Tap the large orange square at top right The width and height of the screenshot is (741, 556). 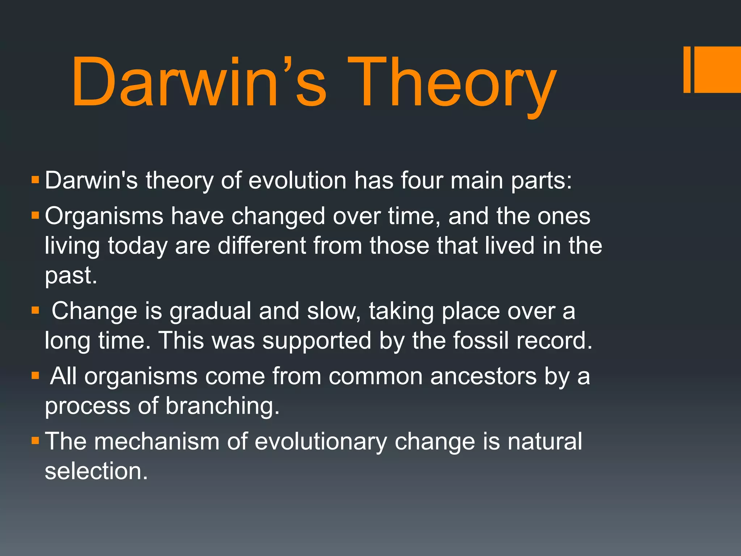point(718,69)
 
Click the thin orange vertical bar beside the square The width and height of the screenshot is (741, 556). point(687,69)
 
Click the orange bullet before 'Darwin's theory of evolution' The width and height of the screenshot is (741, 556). point(35,180)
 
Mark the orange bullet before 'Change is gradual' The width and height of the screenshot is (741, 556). point(35,311)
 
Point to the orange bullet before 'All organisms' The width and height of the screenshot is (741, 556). point(35,376)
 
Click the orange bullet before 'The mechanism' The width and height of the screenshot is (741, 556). point(35,441)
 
